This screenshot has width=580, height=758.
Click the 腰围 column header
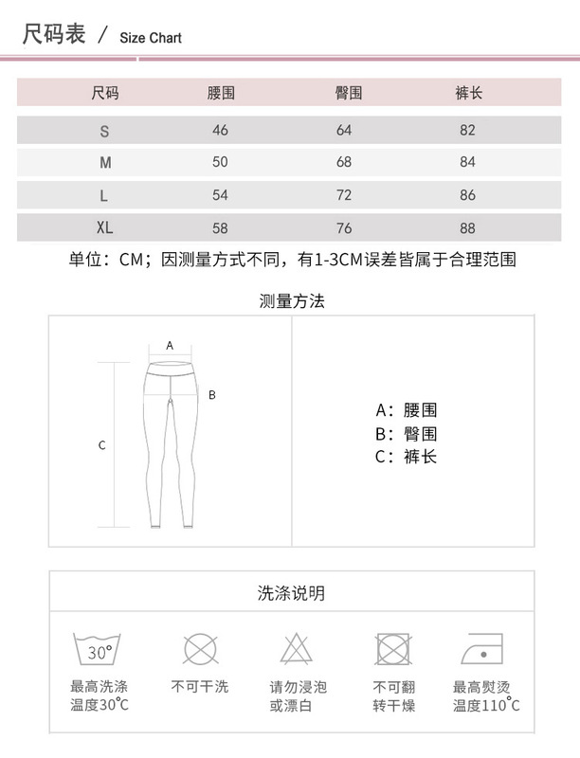point(221,93)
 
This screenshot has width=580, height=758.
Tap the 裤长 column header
point(468,93)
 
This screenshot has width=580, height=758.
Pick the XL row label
point(105,227)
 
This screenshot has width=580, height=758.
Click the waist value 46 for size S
point(221,130)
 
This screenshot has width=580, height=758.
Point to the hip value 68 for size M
point(344,162)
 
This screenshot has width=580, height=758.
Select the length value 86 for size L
point(467,195)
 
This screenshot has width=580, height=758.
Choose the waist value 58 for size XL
point(221,227)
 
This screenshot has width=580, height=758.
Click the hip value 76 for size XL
point(344,227)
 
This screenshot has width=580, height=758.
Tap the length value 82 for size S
point(467,130)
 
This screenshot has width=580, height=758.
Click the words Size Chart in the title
point(151,38)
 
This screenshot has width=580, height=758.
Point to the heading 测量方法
point(292,302)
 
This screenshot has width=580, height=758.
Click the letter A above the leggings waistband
point(170,346)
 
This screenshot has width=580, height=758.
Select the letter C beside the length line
point(102,445)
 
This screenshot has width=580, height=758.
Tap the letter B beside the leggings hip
point(212,394)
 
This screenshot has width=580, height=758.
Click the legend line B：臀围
point(406,434)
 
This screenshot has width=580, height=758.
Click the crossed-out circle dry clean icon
point(199,650)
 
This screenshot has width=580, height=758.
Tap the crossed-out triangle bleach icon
point(296,650)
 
